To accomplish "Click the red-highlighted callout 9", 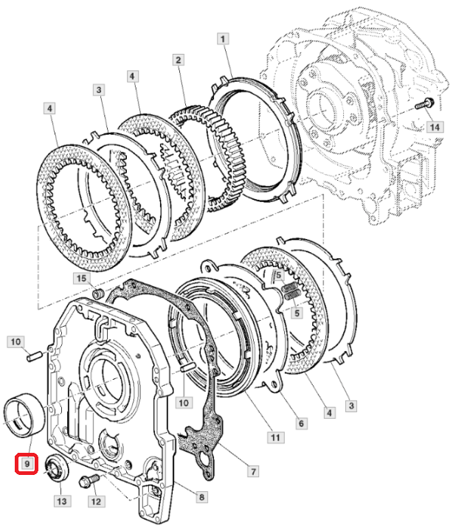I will pos(27,464).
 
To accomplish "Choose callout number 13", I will pos(61,501).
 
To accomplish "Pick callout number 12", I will pos(96,502).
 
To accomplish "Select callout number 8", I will pos(201,498).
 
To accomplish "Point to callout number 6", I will pos(301,423).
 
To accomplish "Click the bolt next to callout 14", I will pos(423,104).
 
